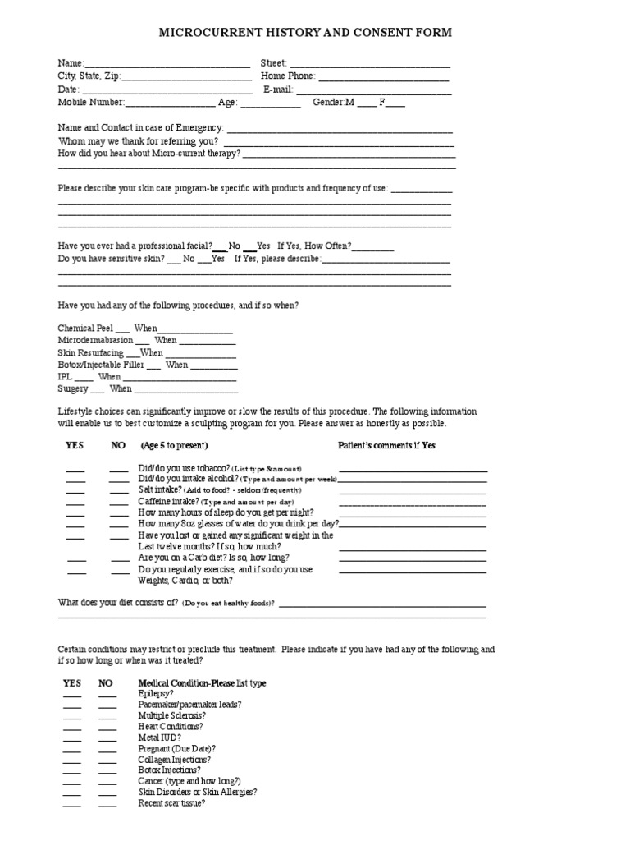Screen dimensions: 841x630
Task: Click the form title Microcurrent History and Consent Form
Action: (304, 33)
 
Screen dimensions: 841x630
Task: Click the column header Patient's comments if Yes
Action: (387, 445)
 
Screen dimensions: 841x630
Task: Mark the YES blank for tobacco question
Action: (75, 470)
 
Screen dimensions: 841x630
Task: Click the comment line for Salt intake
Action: (413, 492)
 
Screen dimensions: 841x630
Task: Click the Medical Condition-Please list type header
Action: (202, 683)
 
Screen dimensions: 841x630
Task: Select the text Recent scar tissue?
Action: (171, 803)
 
